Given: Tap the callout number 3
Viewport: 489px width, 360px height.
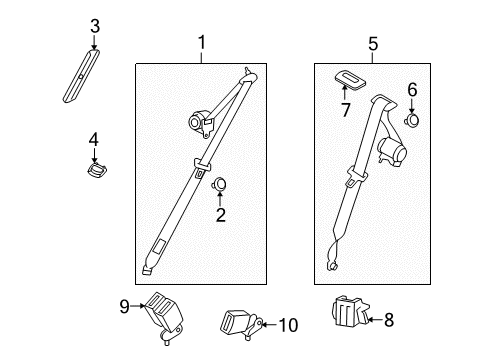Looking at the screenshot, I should pyautogui.click(x=94, y=26).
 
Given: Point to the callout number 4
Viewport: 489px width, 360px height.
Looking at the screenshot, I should pyautogui.click(x=94, y=139).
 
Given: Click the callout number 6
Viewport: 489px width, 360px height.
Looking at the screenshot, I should pyautogui.click(x=411, y=89).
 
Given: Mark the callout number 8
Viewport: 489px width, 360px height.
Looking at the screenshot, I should pyautogui.click(x=389, y=321).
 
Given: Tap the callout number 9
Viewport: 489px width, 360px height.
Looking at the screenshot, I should pyautogui.click(x=124, y=307).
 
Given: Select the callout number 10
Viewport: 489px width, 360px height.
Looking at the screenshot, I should pyautogui.click(x=288, y=324).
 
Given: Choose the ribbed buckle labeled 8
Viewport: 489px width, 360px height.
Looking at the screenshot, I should pyautogui.click(x=351, y=313).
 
